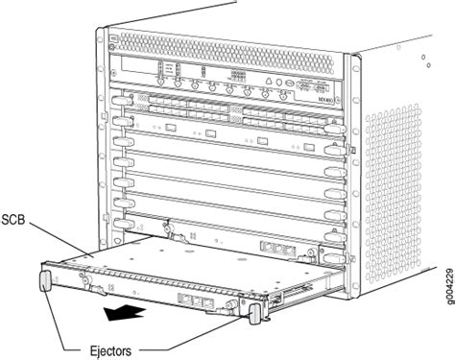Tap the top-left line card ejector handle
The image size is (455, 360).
click(x=121, y=100)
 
